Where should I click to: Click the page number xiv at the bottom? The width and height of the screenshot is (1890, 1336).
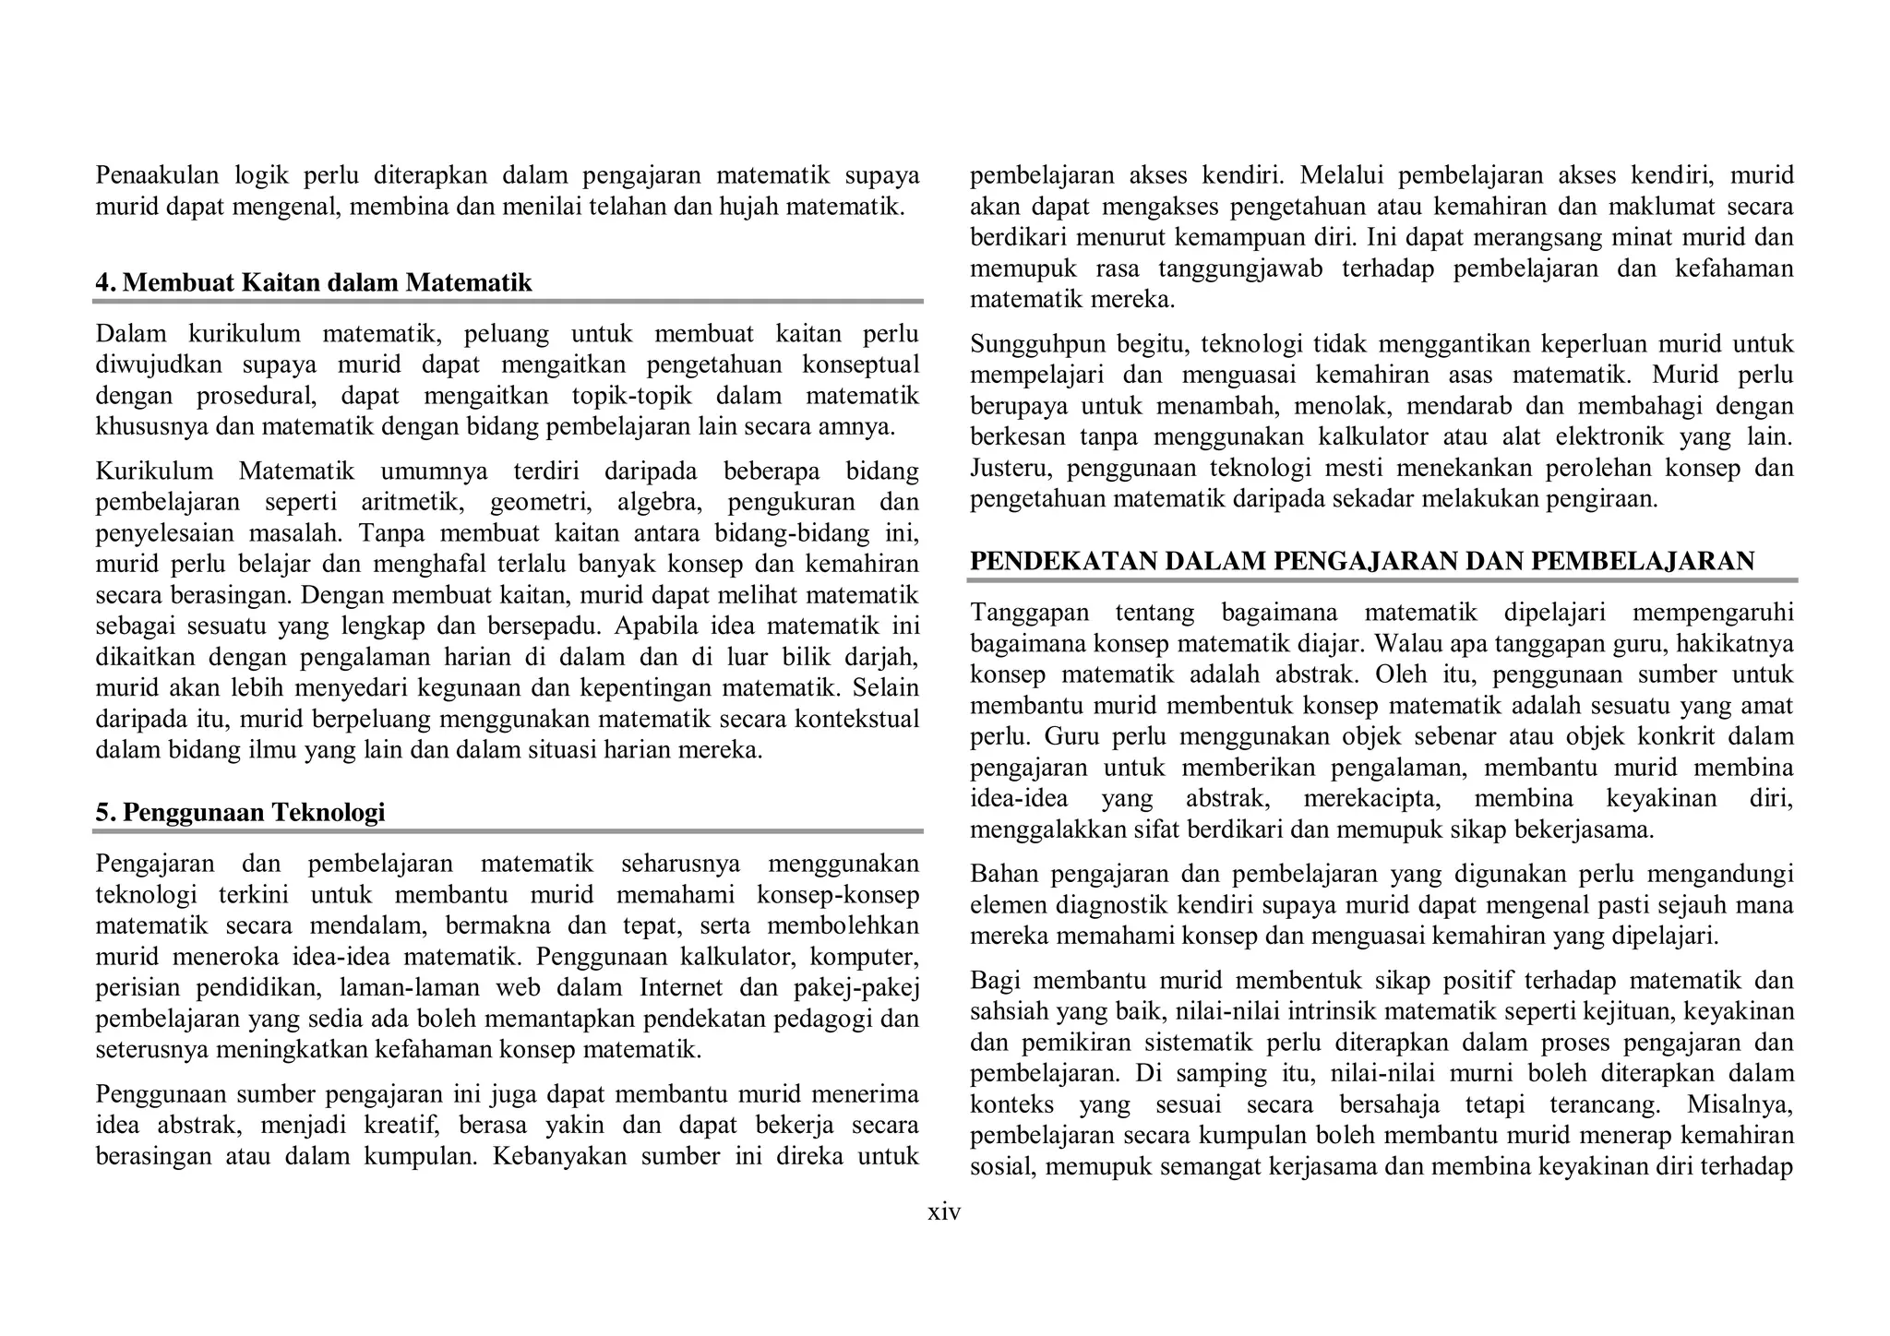[944, 1212]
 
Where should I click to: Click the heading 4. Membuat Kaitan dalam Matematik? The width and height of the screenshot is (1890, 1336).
[314, 282]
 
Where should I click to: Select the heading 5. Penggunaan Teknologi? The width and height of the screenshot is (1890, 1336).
[240, 812]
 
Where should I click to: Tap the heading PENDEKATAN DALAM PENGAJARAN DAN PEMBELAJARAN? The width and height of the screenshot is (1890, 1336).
[1362, 561]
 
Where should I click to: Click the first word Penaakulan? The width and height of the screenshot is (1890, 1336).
[157, 175]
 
